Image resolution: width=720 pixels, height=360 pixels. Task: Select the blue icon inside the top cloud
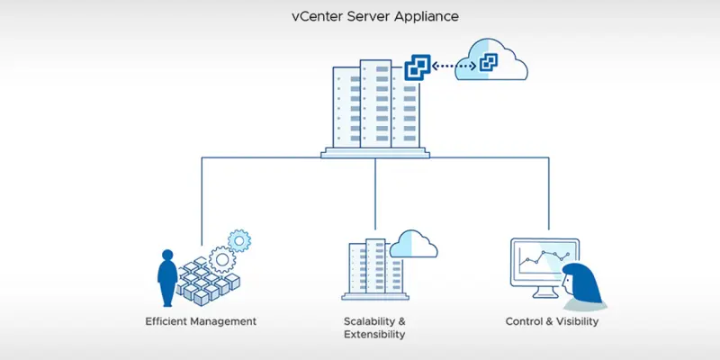488,62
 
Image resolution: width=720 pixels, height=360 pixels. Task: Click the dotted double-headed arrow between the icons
453,66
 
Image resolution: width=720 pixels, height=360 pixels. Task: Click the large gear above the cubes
221,261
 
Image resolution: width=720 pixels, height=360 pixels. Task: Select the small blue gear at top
238,240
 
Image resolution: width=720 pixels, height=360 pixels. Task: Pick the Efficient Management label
201,320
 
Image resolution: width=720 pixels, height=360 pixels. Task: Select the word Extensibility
374,334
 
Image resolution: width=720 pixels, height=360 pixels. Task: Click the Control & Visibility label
553,320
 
